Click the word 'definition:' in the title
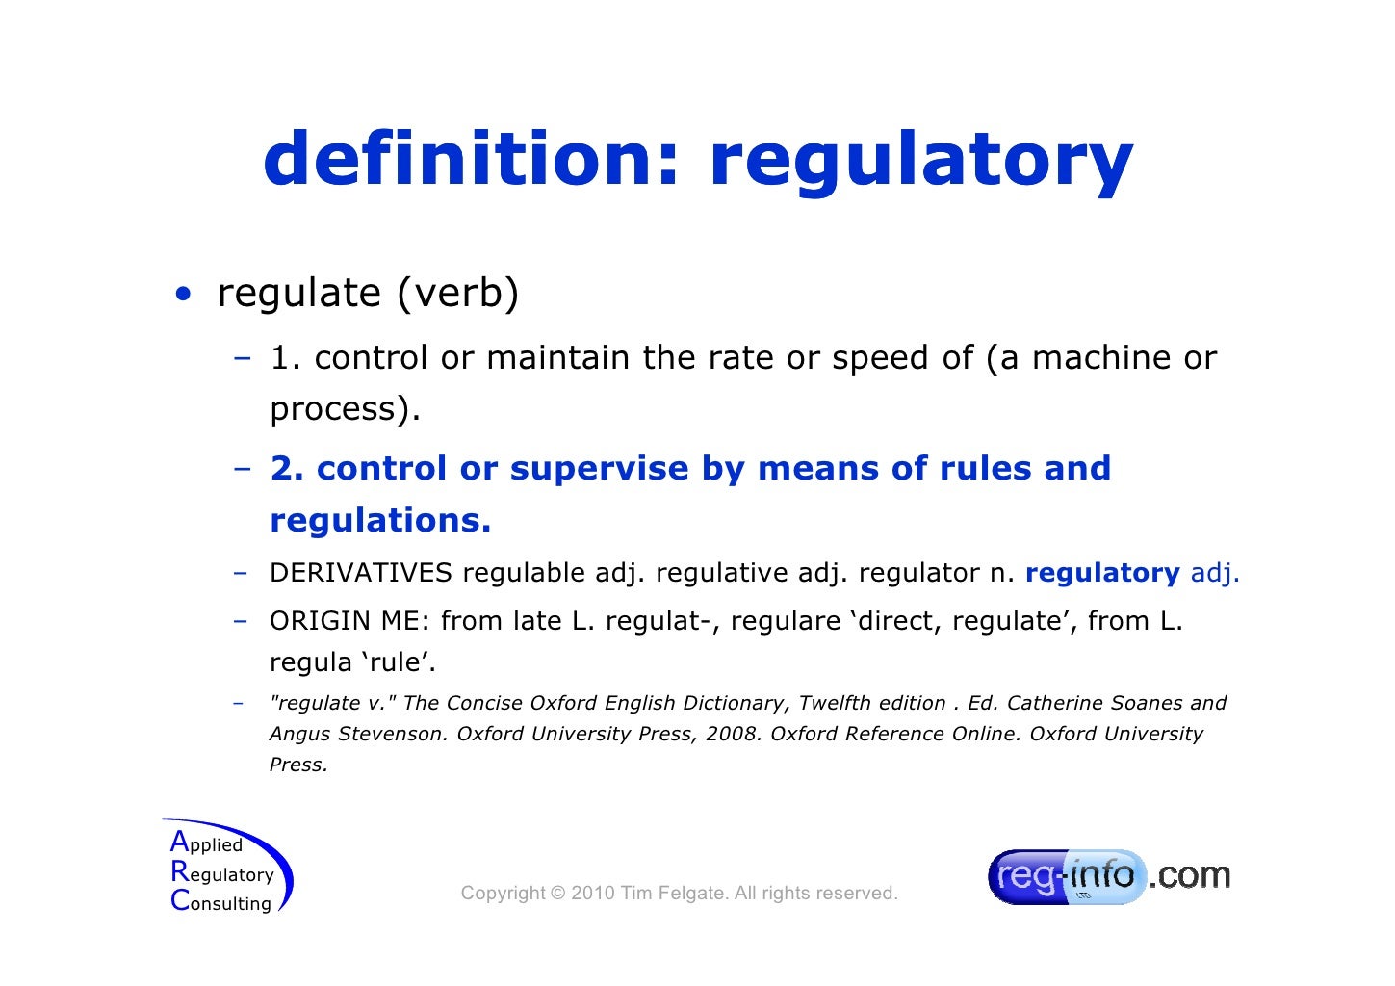[472, 159]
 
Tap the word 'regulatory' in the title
[920, 162]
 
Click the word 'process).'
[346, 410]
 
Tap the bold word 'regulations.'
[380, 521]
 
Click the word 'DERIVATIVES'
[360, 573]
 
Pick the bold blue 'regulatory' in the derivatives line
[1102, 573]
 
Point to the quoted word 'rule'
[399, 662]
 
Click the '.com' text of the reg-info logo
[1190, 875]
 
